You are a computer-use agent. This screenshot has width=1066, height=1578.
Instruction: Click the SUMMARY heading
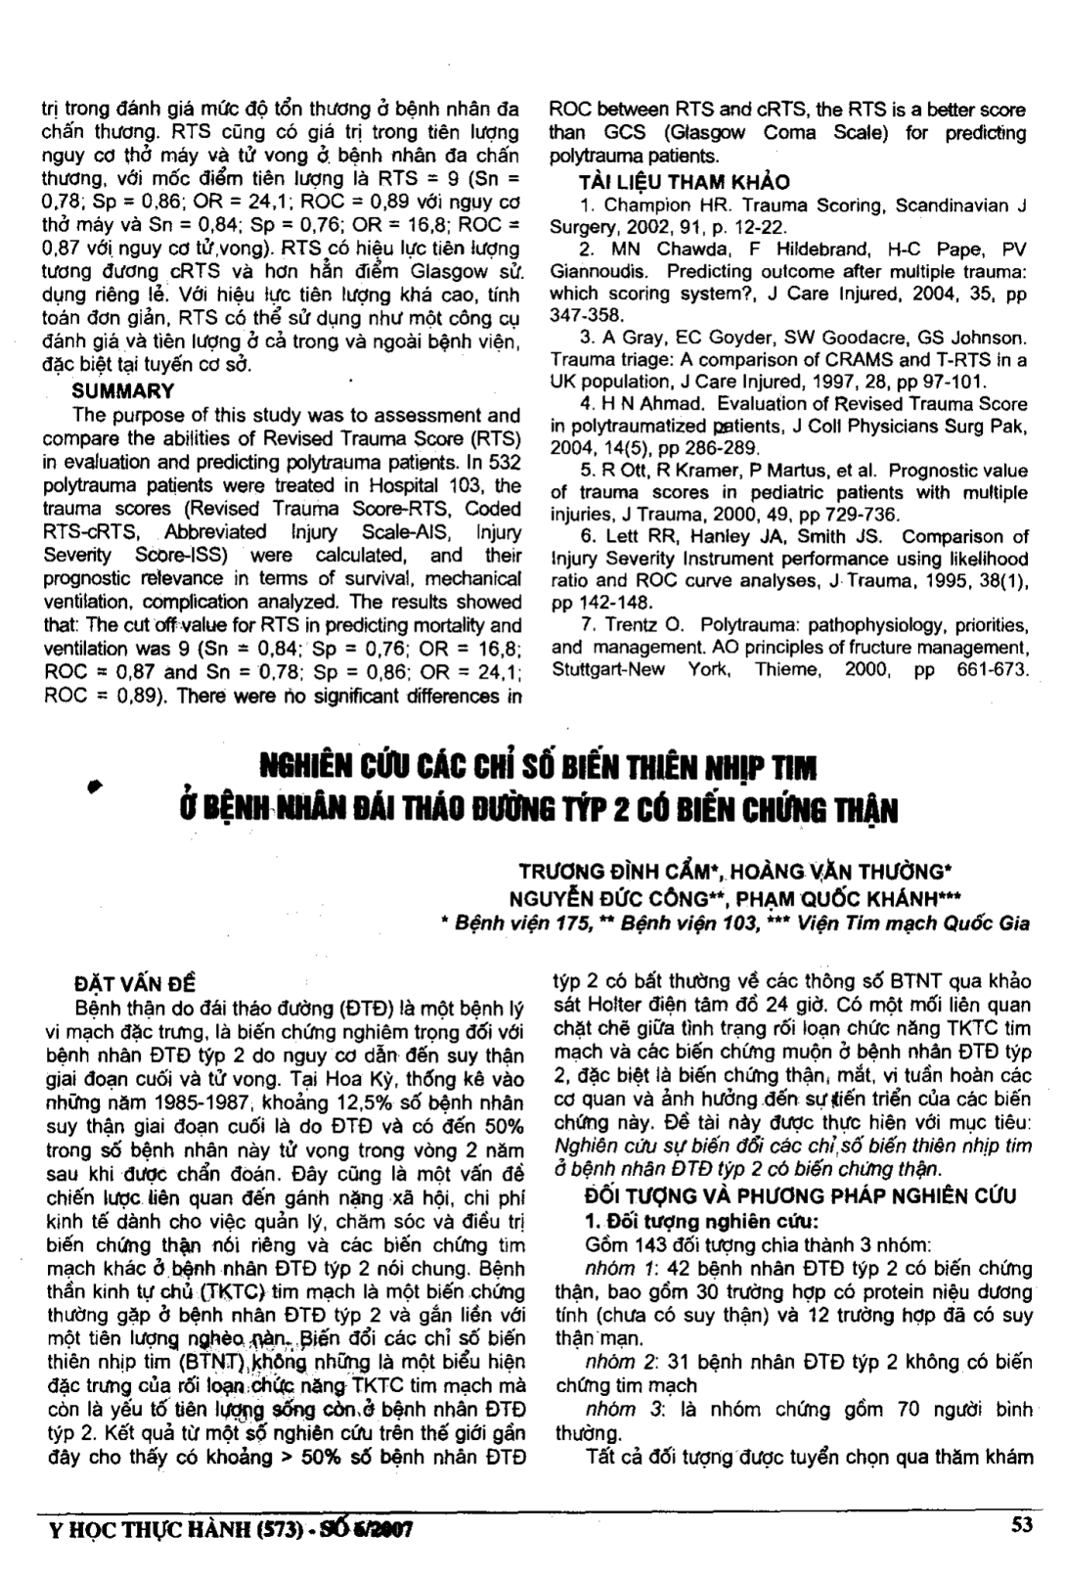point(124,391)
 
